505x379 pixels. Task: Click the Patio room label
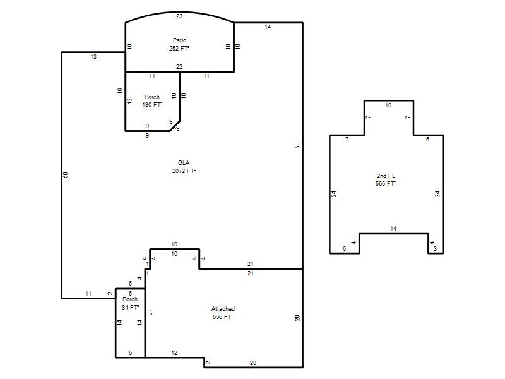(179, 40)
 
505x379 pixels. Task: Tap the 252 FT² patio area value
(179, 49)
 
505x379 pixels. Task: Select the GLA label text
(184, 163)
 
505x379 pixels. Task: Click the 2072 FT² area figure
(184, 171)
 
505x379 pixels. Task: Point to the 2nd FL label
(386, 176)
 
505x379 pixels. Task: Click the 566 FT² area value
(386, 184)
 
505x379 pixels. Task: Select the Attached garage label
(223, 309)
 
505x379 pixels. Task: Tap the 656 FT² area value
(223, 317)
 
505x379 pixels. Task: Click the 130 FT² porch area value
(152, 105)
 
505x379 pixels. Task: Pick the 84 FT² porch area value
(130, 308)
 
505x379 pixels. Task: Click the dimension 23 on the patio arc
(179, 16)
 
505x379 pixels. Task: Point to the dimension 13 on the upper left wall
(93, 57)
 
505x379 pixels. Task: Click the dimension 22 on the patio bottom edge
(179, 67)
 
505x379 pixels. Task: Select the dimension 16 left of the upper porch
(120, 91)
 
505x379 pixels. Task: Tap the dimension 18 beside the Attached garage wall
(150, 313)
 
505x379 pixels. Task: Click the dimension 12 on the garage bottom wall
(174, 353)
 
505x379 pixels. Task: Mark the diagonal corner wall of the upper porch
(175, 126)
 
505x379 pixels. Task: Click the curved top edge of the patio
(179, 12)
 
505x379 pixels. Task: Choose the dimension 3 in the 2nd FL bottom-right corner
(436, 249)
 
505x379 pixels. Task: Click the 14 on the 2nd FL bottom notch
(393, 229)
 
